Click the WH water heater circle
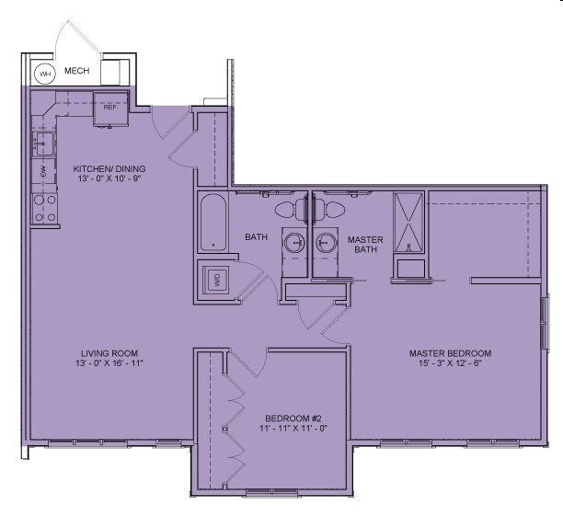coord(43,74)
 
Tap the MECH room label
coord(76,71)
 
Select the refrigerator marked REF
coord(110,106)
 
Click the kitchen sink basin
coord(42,143)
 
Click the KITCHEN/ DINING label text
coord(109,169)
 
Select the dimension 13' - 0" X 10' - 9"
coord(109,179)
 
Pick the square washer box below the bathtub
coord(217,280)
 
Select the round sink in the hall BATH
coord(294,243)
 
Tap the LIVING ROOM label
coord(109,353)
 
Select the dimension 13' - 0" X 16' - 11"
coord(109,363)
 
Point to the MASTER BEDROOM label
coord(450,353)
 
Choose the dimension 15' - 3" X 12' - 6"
coord(450,363)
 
